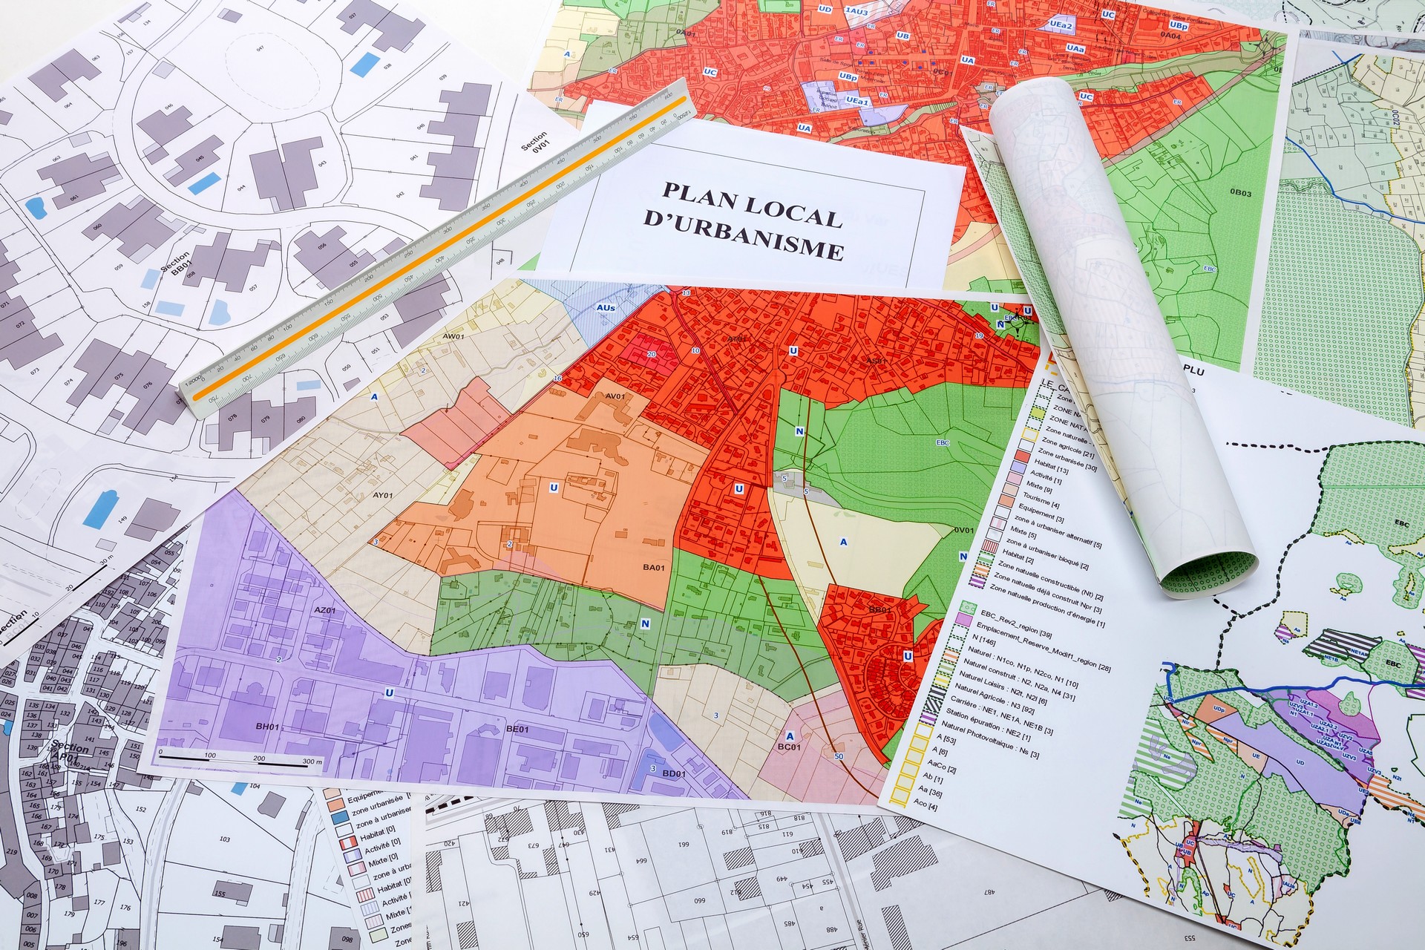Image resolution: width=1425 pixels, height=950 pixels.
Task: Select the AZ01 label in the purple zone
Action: [x=326, y=611]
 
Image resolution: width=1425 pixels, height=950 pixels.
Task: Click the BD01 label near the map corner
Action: [x=673, y=773]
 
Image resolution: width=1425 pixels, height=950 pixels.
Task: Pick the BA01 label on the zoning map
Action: [x=653, y=568]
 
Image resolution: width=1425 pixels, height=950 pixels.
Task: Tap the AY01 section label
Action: [x=382, y=496]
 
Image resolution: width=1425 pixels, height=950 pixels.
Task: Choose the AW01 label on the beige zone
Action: [x=453, y=337]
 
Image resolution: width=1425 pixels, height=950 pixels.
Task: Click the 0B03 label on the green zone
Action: [x=1240, y=194]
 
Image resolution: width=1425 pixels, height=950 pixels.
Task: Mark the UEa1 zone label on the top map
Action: [x=856, y=101]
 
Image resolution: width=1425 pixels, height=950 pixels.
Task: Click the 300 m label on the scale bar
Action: [x=312, y=762]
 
